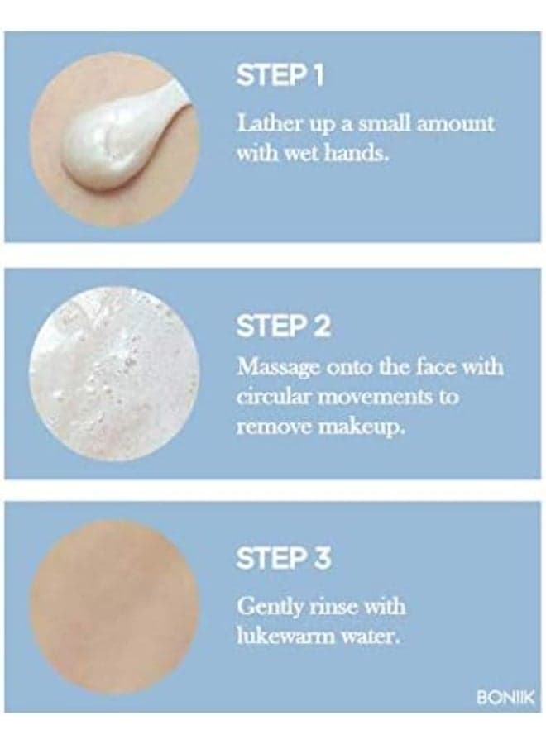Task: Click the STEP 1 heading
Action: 280,76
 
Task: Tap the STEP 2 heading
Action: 283,326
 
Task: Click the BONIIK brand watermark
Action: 505,698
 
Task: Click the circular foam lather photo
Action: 114,374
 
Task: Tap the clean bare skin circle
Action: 114,608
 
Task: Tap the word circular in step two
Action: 274,397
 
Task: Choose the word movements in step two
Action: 374,398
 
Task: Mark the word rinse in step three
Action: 333,608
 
